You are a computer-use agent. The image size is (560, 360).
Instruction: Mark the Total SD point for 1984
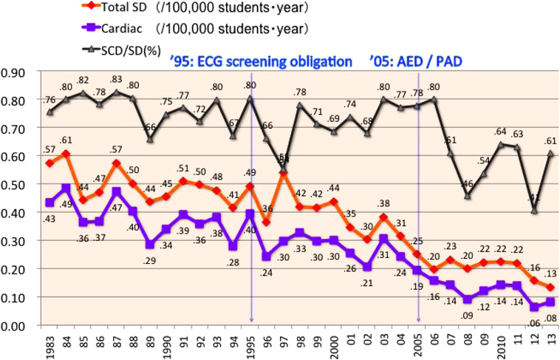coord(67,154)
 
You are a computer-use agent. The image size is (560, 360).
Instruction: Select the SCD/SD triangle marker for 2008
coord(467,196)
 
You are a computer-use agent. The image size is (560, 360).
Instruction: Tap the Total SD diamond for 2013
coord(550,288)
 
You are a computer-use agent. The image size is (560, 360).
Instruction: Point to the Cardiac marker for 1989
coord(151,244)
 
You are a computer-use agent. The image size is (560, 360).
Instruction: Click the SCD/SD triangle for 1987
coord(117,92)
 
